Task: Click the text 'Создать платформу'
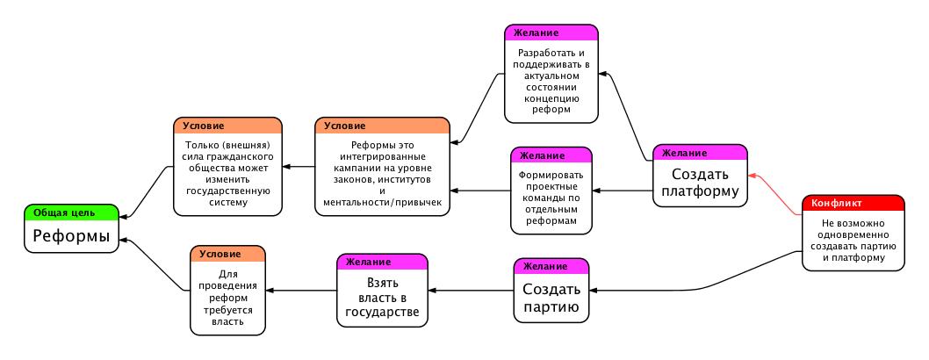point(700,183)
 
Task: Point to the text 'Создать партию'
point(551,297)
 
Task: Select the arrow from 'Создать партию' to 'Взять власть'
point(470,290)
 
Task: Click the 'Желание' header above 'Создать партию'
point(551,266)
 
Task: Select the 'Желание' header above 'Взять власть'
point(382,262)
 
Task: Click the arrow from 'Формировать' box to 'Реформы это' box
point(481,190)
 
